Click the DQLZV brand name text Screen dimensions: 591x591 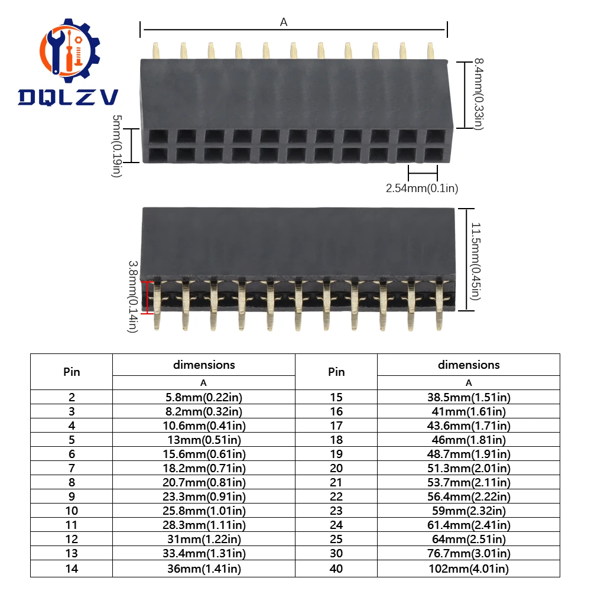(67, 97)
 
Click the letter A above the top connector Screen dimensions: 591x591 (284, 22)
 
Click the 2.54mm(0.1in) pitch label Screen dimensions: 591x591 (422, 189)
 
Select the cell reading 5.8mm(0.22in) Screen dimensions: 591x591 (203, 397)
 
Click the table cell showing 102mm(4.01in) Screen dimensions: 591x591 (469, 569)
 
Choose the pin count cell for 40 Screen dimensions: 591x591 (336, 569)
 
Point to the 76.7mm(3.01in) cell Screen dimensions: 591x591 (469, 554)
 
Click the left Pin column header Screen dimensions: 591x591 (72, 372)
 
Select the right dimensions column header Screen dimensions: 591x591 (469, 365)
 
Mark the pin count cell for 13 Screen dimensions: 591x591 (72, 554)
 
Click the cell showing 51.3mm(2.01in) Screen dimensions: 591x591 (469, 468)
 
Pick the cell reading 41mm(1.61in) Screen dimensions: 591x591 (469, 411)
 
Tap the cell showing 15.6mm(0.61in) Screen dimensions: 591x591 (203, 454)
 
